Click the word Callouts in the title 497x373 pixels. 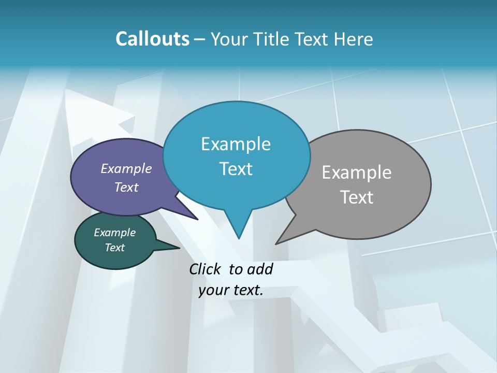pyautogui.click(x=152, y=39)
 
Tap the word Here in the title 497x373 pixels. pyautogui.click(x=353, y=39)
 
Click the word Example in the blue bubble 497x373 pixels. pyautogui.click(x=236, y=144)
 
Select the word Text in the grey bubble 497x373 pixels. pyautogui.click(x=357, y=197)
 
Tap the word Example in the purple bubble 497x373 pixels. pyautogui.click(x=126, y=168)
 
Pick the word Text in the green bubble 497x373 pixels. pyautogui.click(x=115, y=248)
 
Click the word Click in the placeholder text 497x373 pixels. pyautogui.click(x=206, y=269)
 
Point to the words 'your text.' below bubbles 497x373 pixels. pyautogui.click(x=231, y=290)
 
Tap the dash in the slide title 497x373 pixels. pyautogui.click(x=200, y=39)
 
